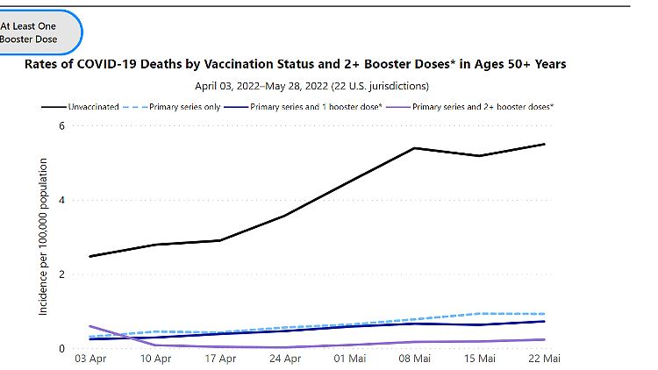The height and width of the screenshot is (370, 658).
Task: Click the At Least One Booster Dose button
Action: click(35, 32)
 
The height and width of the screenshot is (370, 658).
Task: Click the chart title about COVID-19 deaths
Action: click(295, 64)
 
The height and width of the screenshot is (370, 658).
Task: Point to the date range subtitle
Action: click(311, 86)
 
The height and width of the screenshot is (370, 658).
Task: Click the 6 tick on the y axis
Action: click(62, 125)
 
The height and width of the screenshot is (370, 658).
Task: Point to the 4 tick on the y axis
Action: click(62, 200)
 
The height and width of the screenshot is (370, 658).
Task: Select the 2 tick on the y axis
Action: click(62, 274)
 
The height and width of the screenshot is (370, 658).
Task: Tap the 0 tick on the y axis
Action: click(62, 349)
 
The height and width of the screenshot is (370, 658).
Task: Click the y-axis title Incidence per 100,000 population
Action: click(43, 238)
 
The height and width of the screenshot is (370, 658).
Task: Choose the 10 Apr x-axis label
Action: click(154, 359)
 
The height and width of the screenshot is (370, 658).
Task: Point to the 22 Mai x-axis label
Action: click(545, 359)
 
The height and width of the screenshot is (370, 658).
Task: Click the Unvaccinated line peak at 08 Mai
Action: click(413, 148)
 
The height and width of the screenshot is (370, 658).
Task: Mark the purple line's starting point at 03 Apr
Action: click(89, 326)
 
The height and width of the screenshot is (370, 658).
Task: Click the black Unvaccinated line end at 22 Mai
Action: click(544, 144)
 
